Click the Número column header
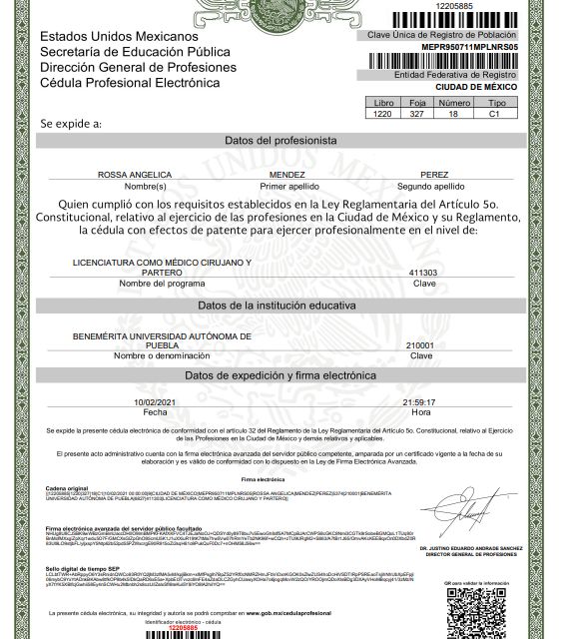[x=455, y=103]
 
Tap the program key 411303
[x=423, y=272]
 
